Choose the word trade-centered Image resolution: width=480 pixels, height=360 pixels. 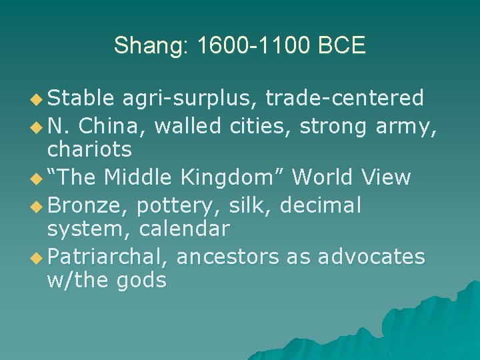pyautogui.click(x=345, y=99)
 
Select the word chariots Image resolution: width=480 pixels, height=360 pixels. pyautogui.click(x=89, y=149)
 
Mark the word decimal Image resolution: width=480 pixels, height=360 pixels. pyautogui.click(x=321, y=205)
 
